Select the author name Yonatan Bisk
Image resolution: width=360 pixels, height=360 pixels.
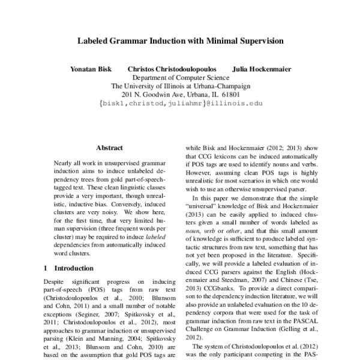point(91,69)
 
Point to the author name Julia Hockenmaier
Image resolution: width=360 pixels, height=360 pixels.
point(262,69)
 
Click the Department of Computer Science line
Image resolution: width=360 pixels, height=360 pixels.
point(181,77)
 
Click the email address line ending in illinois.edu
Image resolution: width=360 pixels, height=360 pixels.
point(181,103)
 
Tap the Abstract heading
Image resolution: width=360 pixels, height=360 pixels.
point(109,148)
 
